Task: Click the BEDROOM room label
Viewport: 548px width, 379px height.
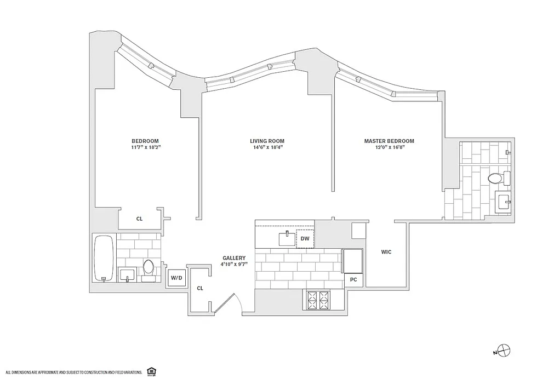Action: click(x=145, y=141)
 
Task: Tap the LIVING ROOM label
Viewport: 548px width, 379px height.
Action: click(x=267, y=141)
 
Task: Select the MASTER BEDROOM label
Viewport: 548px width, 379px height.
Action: click(x=389, y=141)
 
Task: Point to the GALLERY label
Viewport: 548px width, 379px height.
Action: click(x=234, y=258)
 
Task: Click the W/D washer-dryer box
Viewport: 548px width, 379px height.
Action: click(x=176, y=278)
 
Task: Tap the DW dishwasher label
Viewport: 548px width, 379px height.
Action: click(x=305, y=239)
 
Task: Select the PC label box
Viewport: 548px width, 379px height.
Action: click(x=353, y=280)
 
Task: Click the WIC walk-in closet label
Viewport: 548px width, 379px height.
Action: click(x=386, y=252)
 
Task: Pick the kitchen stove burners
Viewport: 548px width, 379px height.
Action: click(x=318, y=300)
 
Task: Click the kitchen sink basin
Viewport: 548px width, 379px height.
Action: click(x=287, y=239)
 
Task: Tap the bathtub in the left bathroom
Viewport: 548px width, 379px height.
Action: click(x=104, y=258)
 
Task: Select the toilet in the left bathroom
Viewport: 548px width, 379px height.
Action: click(x=149, y=271)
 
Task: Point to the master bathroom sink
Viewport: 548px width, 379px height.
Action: click(x=504, y=202)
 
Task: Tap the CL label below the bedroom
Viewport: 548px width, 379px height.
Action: click(x=139, y=219)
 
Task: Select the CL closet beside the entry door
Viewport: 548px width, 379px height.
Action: click(x=200, y=289)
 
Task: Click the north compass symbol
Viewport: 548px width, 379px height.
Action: click(x=504, y=351)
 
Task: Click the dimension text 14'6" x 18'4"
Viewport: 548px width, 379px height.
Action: click(x=268, y=147)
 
